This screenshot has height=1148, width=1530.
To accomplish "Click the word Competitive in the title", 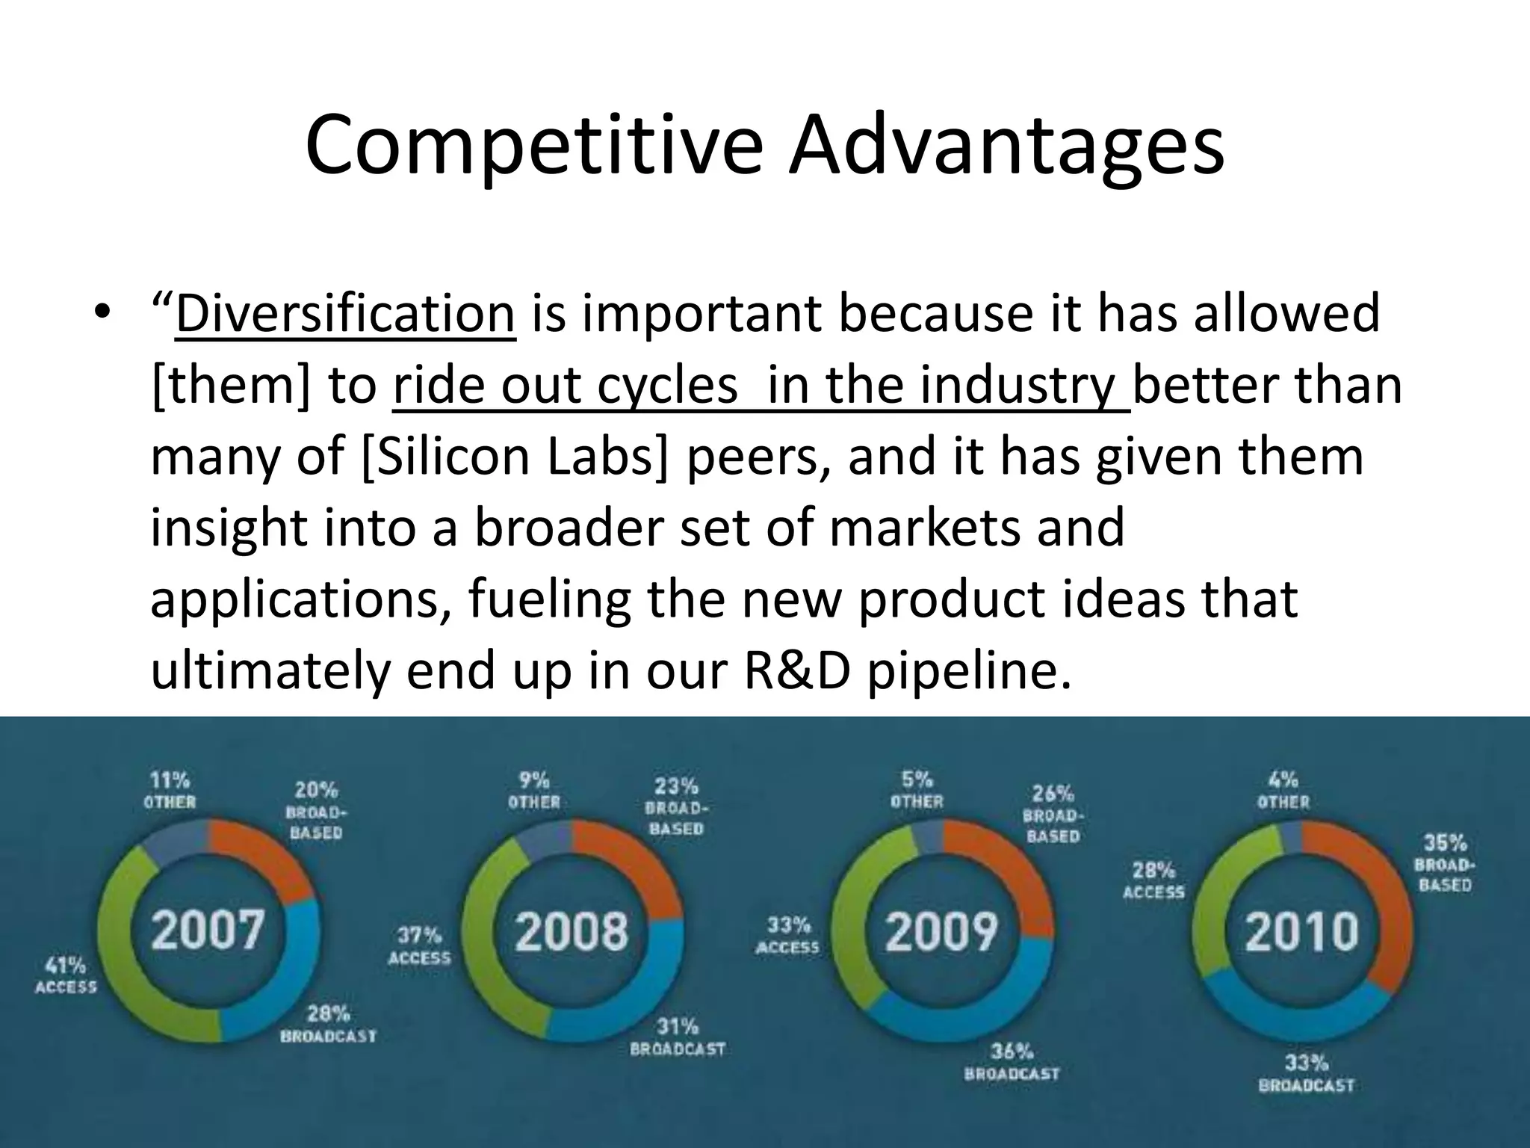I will click(x=533, y=144).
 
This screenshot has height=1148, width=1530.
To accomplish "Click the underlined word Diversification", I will click(x=344, y=314).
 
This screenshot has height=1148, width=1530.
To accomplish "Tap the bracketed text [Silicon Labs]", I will click(x=514, y=457).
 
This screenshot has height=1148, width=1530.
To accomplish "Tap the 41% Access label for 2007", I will click(x=66, y=975).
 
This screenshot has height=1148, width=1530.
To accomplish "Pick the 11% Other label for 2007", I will click(x=170, y=791).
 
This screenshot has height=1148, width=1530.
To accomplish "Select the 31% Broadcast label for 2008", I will click(x=678, y=1037).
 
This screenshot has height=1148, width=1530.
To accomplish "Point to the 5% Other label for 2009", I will click(x=917, y=790).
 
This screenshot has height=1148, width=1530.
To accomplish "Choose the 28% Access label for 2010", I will click(x=1153, y=880).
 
